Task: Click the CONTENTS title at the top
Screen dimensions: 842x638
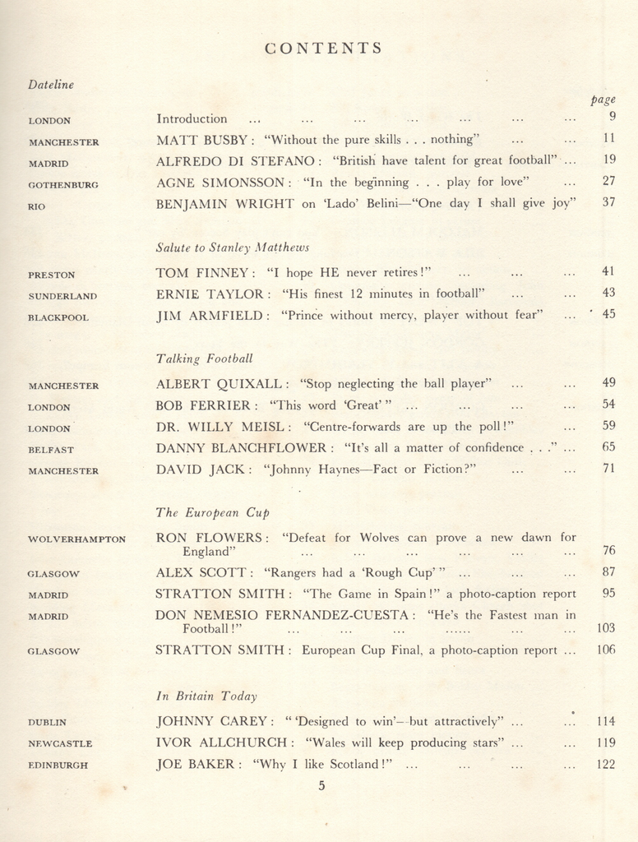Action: click(324, 48)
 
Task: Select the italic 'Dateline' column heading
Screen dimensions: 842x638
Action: click(50, 84)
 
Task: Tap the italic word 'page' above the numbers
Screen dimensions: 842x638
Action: click(603, 99)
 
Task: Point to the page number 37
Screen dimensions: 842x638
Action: click(608, 202)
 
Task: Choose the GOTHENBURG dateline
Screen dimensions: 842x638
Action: click(63, 185)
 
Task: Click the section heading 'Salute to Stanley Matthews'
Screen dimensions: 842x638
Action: click(233, 247)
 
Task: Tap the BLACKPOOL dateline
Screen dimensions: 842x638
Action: click(58, 317)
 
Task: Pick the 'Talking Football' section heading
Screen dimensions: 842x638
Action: click(204, 359)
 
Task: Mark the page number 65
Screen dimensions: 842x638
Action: click(608, 447)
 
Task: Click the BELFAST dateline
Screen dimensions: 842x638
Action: click(51, 450)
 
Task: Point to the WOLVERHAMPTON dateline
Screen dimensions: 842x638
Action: click(77, 539)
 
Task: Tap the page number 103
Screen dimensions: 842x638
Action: click(606, 628)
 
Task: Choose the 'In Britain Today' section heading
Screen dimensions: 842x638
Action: click(206, 696)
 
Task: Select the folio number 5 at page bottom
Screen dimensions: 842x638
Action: click(321, 785)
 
